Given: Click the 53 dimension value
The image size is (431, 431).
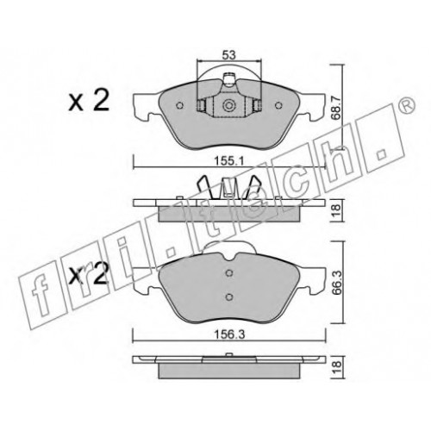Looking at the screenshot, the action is click(228, 55).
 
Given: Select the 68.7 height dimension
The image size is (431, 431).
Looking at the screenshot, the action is click(335, 108).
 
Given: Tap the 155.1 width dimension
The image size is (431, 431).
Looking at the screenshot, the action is click(229, 161).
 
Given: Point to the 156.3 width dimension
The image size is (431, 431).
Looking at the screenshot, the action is click(229, 334).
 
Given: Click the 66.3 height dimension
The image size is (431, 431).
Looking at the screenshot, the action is click(335, 282).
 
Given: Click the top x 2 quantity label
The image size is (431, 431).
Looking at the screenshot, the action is click(89, 100).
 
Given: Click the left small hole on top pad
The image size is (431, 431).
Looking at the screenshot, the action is click(179, 106).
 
